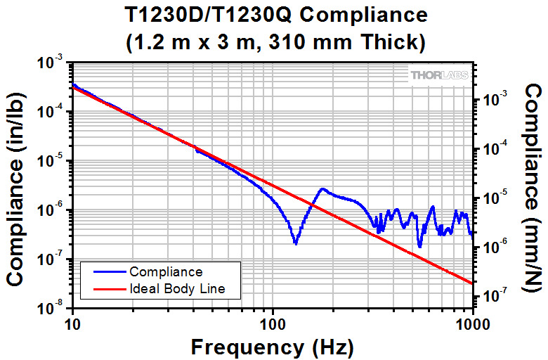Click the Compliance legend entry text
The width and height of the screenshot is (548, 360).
click(166, 271)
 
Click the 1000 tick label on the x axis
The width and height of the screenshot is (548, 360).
click(471, 324)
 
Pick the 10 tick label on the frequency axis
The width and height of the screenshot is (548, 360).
click(72, 324)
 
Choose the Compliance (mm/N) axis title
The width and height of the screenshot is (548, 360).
click(533, 186)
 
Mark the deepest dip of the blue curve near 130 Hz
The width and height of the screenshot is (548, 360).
click(296, 243)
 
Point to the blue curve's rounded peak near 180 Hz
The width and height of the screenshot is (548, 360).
click(322, 189)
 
